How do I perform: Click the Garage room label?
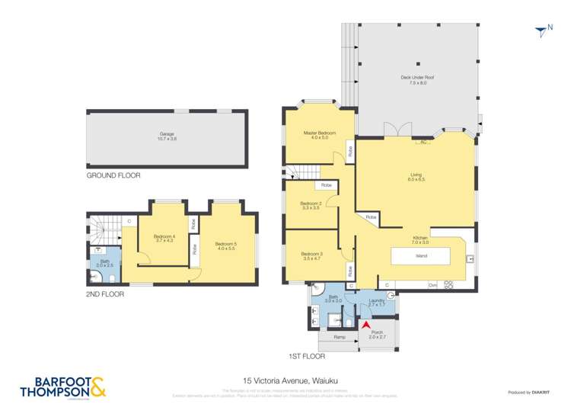coord(167,135)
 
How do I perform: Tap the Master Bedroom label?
coord(320,133)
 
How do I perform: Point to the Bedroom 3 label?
coord(311,254)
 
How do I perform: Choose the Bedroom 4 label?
coord(164,236)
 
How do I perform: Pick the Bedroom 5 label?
coord(226,245)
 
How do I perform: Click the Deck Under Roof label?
coord(413,78)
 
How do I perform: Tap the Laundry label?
coord(376,300)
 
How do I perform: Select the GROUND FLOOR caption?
coord(113,175)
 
